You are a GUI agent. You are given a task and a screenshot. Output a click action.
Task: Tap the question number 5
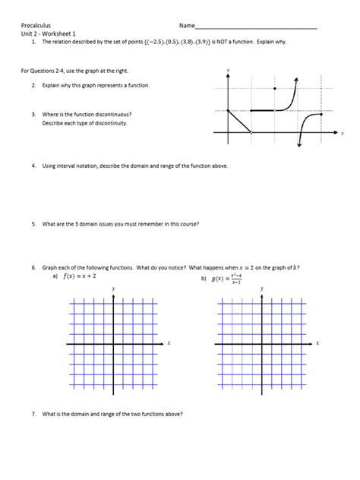(x=34, y=224)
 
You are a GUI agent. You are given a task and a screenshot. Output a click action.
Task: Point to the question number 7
(x=34, y=414)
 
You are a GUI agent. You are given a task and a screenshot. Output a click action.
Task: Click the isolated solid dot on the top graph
(x=274, y=88)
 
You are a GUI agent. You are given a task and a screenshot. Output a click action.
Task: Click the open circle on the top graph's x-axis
(x=251, y=133)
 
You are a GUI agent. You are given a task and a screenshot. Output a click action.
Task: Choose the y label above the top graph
(x=228, y=70)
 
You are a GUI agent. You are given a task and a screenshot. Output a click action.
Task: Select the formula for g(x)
(x=228, y=279)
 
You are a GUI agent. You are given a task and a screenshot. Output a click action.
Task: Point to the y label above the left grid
(x=113, y=289)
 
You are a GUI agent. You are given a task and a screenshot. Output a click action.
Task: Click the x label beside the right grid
(x=317, y=343)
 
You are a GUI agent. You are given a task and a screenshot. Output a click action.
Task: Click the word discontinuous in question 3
(x=109, y=115)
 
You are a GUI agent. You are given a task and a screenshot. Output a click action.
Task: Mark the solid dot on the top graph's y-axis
(x=228, y=111)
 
